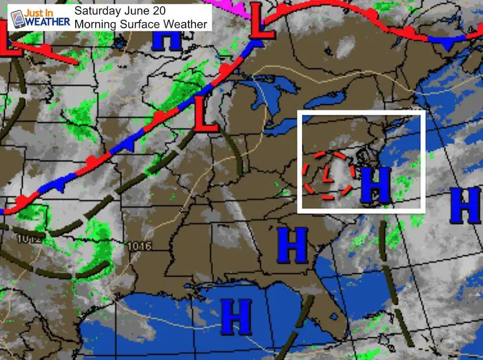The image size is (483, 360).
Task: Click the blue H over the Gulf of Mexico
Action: [x=236, y=317]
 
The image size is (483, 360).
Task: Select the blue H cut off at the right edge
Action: [x=466, y=205]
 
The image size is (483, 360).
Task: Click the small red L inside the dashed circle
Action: [x=328, y=172]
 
